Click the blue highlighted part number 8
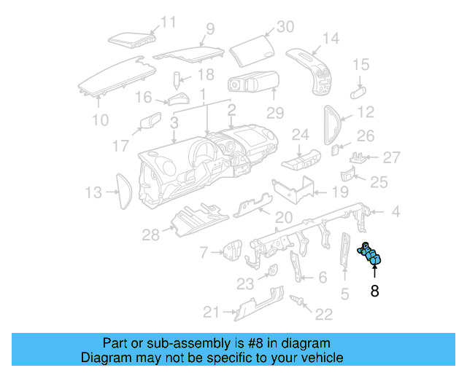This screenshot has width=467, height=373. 374,256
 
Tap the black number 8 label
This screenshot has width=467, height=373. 374,291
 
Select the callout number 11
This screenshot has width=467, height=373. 169,22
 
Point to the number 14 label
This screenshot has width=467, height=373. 331,38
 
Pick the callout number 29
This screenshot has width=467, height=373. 274,113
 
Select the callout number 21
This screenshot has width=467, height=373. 211,313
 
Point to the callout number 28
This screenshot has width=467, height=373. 150,234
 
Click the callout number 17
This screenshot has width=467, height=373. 121,146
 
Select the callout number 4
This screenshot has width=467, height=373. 395,213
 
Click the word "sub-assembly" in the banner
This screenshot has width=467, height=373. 169,343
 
